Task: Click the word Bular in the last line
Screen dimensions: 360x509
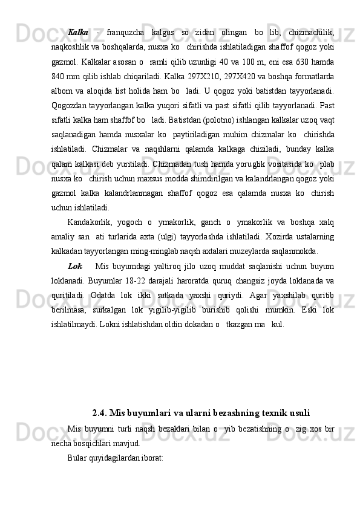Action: pos(77,458)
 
